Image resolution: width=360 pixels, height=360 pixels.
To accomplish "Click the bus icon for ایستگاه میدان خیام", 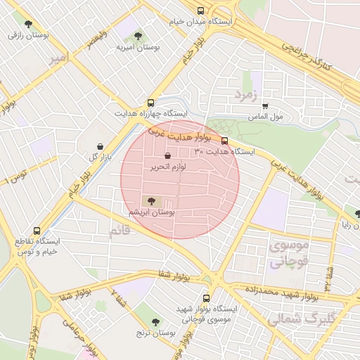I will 202,11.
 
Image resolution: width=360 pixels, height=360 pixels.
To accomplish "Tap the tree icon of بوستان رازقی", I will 28,24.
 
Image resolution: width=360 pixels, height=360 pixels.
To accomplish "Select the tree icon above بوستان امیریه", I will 138,35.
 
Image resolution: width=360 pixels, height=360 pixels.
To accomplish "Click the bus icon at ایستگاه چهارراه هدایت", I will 151,103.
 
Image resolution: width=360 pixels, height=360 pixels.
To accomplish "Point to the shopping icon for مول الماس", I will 265,105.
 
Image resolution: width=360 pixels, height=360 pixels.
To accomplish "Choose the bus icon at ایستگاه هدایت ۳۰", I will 224,141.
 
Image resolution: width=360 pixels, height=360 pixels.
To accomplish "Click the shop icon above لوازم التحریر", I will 167,156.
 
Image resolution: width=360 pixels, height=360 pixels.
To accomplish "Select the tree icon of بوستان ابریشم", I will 153,201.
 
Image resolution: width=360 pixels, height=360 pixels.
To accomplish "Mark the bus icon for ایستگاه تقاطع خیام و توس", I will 37,230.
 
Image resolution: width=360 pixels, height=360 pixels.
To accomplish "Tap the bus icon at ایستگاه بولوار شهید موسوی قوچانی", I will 206,298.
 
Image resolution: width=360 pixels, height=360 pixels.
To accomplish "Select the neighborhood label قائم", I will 120,230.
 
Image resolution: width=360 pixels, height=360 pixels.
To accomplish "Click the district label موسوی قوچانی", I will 289,254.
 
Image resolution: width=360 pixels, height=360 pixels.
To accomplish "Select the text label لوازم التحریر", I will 168,167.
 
